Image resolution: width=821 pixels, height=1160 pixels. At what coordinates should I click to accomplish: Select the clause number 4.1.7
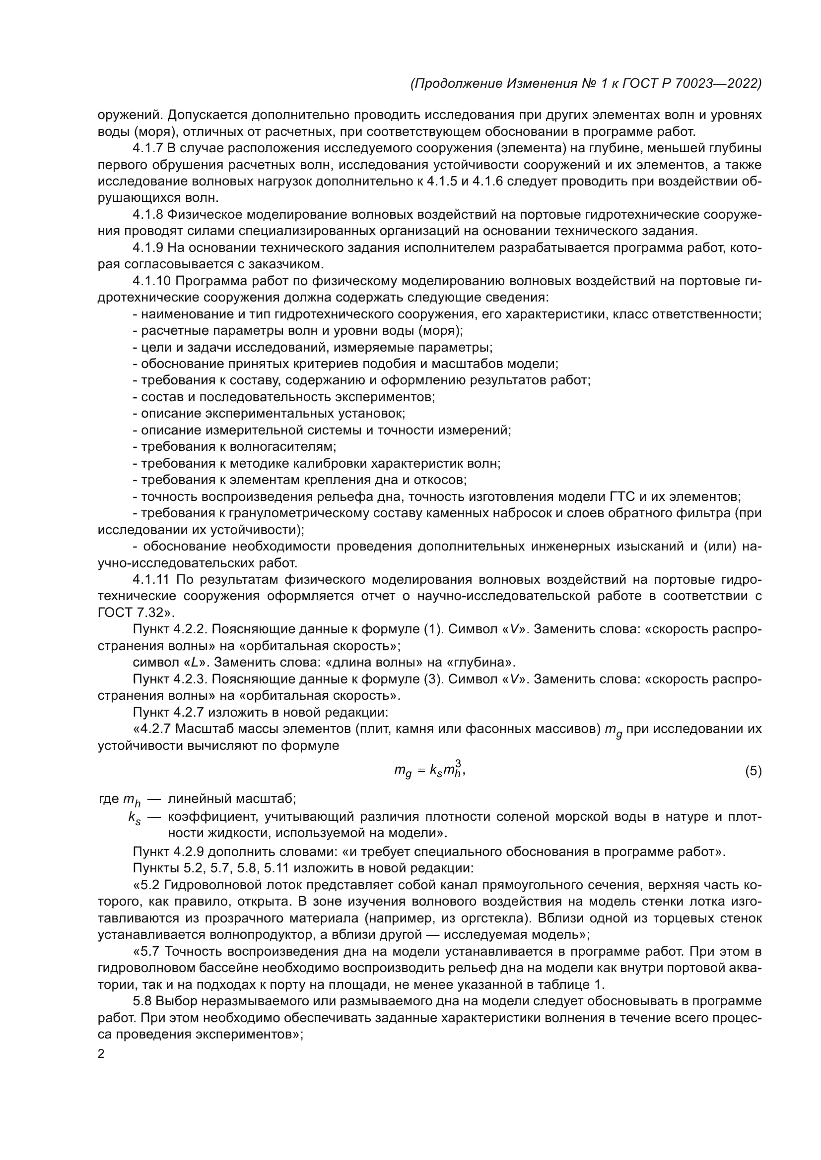click(148, 149)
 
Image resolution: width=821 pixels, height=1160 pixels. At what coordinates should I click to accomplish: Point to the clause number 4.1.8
click(148, 215)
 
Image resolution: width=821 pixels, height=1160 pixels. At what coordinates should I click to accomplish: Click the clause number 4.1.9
click(148, 248)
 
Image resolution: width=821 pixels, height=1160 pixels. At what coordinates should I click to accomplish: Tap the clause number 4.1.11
click(151, 579)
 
